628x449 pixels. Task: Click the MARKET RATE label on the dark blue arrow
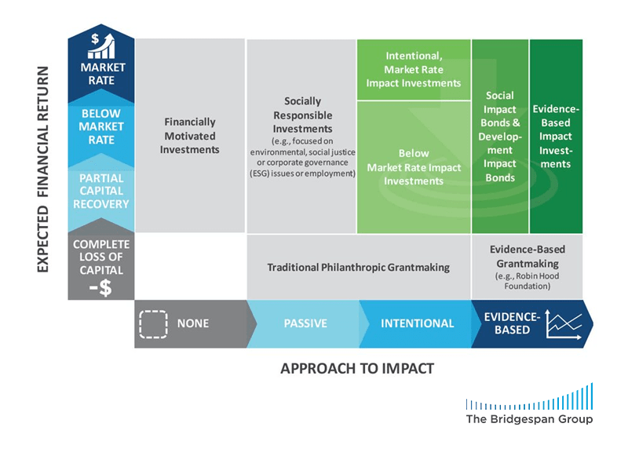[102, 74]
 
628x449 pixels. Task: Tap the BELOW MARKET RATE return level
[101, 126]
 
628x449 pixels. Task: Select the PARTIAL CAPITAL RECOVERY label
[101, 191]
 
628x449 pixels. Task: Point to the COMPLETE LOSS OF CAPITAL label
[101, 257]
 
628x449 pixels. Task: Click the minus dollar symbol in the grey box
[100, 287]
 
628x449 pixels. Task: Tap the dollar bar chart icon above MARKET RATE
[102, 46]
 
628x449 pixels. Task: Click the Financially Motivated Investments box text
[190, 135]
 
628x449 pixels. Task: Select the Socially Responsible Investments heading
[302, 115]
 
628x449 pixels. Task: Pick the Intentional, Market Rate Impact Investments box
[414, 69]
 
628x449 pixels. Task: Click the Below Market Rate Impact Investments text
[414, 167]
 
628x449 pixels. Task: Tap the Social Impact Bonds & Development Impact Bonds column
[500, 136]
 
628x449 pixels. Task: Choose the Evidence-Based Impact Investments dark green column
[556, 136]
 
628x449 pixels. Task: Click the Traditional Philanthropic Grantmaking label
[359, 267]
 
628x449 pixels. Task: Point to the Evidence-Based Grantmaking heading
[528, 257]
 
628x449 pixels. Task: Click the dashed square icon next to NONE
[153, 324]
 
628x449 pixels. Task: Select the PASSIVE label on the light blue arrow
[305, 323]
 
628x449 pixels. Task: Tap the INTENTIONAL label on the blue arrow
[418, 323]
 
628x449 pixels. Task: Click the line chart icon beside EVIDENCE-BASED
[564, 324]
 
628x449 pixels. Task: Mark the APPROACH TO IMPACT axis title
[357, 368]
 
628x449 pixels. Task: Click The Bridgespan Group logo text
[529, 419]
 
